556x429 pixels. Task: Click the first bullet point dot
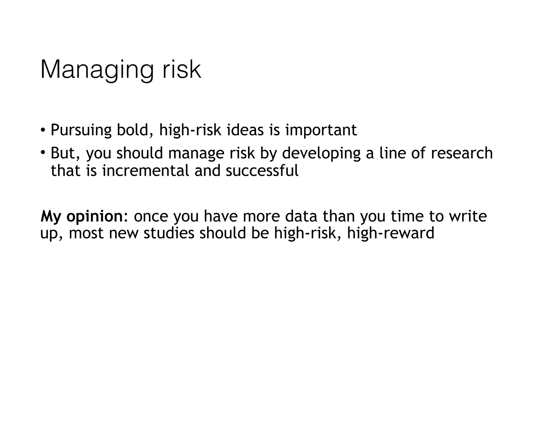tap(42, 130)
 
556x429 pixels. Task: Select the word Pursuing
tap(81, 130)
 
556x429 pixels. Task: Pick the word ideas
tap(245, 130)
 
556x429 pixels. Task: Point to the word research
tap(462, 153)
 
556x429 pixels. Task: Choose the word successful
tap(262, 171)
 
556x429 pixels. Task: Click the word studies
tap(169, 233)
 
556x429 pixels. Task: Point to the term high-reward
tap(391, 233)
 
